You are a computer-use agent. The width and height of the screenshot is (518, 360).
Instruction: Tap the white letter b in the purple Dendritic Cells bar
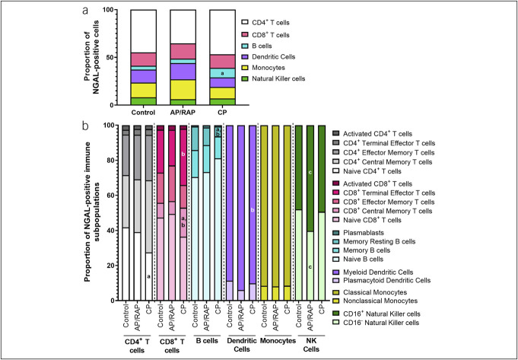(x=252, y=209)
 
